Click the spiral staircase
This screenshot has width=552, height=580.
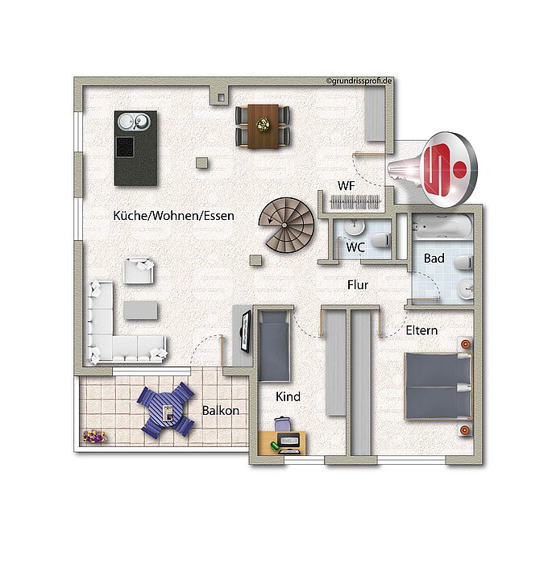(286, 225)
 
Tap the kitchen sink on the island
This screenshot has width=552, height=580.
(134, 122)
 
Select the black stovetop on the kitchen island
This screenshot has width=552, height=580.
(125, 147)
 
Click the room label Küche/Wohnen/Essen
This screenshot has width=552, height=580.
(173, 216)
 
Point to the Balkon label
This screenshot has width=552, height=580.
(221, 410)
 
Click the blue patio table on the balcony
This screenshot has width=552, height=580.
(166, 410)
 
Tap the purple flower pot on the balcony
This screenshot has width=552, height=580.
(94, 436)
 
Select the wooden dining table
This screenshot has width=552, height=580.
(263, 126)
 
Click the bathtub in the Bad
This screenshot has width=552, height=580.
(442, 226)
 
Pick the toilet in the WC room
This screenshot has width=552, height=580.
(380, 240)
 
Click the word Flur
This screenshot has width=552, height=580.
(358, 285)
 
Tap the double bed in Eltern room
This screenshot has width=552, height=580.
(438, 386)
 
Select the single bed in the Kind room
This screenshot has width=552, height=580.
(274, 346)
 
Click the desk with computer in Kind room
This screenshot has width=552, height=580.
(282, 443)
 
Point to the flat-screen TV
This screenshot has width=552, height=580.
(245, 332)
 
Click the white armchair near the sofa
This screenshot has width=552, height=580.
(139, 271)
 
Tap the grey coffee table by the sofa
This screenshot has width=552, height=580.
(140, 310)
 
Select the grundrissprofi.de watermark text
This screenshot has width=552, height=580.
(359, 81)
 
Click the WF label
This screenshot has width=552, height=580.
(346, 186)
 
